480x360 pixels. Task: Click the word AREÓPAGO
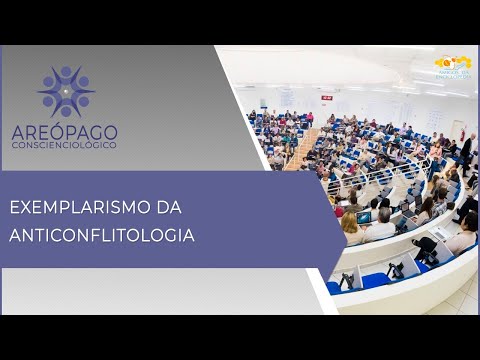(x=65, y=131)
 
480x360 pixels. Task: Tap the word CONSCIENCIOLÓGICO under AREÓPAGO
(x=65, y=145)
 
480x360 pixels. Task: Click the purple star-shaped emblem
(x=65, y=91)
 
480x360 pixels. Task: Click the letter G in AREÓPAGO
(x=93, y=131)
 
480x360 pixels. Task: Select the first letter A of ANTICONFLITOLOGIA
(x=15, y=236)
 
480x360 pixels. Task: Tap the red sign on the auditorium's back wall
(x=325, y=98)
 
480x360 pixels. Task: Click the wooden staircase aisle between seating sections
(x=304, y=147)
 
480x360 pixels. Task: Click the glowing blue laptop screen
(x=364, y=218)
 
